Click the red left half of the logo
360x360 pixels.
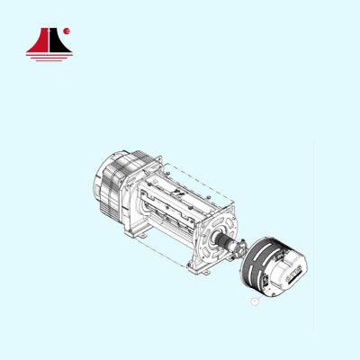pyautogui.click(x=36, y=41)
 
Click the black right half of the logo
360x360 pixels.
pyautogui.click(x=57, y=41)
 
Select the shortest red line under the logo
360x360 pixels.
pyautogui.click(x=46, y=59)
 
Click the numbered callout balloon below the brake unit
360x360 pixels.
pyautogui.click(x=254, y=302)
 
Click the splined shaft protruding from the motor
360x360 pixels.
pyautogui.click(x=225, y=244)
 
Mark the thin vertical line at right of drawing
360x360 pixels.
pyautogui.click(x=314, y=234)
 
